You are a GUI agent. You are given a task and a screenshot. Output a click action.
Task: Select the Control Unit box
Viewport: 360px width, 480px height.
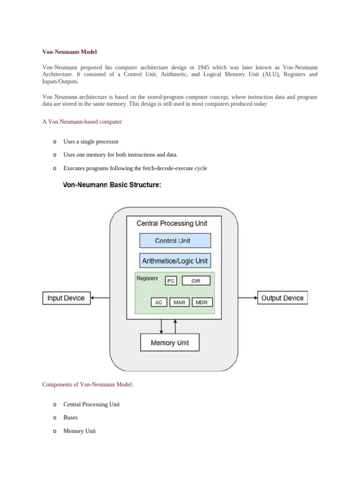coord(175,240)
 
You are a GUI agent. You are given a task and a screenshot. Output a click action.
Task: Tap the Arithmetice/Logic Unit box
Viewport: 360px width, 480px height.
coord(175,261)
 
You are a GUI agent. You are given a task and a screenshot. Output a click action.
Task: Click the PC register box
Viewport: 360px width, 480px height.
coord(171,281)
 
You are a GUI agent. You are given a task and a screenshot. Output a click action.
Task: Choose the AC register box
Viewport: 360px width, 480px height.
coord(159,302)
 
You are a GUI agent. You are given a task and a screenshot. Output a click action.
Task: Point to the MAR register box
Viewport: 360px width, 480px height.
coord(179,302)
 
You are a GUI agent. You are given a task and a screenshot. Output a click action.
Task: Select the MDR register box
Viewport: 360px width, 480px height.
coord(202,302)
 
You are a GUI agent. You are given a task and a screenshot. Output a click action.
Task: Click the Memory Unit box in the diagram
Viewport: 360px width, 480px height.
coord(170,343)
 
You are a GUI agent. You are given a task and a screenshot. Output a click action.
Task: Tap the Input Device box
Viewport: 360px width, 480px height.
coord(66,298)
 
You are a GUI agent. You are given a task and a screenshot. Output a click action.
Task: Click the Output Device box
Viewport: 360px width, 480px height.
coord(282,298)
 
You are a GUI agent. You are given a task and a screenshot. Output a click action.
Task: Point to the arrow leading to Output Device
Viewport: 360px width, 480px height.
coord(247,298)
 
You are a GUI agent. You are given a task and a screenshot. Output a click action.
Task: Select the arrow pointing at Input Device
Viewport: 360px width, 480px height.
coord(100,298)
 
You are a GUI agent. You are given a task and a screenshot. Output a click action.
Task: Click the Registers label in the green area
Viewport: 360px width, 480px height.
coord(147,278)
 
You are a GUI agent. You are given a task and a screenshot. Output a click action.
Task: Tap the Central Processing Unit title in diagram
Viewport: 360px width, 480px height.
coord(172,223)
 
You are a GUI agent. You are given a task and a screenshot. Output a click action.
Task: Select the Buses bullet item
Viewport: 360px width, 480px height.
coord(70,418)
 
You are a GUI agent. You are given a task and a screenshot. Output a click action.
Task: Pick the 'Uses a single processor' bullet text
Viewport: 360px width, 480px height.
coord(91,142)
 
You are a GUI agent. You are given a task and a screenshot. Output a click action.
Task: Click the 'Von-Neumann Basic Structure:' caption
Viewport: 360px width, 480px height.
coord(112,185)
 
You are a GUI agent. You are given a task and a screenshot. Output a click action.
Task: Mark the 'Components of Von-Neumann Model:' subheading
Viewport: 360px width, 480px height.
coord(88,384)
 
